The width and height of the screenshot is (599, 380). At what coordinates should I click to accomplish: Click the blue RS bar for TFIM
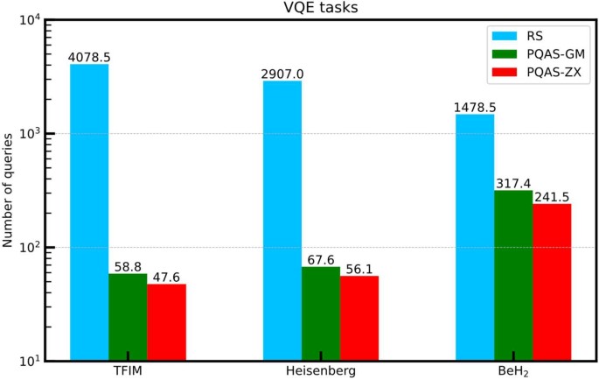tap(89, 211)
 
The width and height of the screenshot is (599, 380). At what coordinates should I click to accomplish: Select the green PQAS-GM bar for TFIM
tap(128, 316)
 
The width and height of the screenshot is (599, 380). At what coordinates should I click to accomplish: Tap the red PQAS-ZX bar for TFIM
tap(166, 321)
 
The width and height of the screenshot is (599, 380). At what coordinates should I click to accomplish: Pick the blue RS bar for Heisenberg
tap(282, 220)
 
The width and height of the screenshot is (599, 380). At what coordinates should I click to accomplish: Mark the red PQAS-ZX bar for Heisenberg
tap(359, 317)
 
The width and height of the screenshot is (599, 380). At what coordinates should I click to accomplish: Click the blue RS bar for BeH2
tap(475, 236)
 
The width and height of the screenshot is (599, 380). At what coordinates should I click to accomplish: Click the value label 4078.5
tap(89, 58)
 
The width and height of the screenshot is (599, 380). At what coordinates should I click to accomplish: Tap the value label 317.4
tap(513, 184)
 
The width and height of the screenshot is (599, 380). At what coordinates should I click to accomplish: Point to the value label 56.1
tap(359, 270)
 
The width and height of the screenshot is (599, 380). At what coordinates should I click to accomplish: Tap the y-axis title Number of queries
tap(10, 189)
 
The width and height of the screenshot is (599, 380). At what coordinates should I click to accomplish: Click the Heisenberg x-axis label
tap(321, 371)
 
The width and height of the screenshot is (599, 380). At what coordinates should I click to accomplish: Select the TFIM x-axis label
tap(128, 371)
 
